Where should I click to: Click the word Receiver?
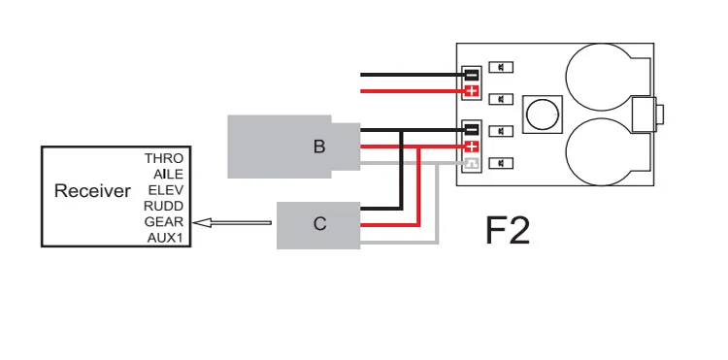[92, 190]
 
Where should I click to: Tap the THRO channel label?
[164, 158]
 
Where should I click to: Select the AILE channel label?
[168, 175]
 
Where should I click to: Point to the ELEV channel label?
[166, 190]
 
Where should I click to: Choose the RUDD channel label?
[163, 206]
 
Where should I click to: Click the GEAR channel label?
[164, 222]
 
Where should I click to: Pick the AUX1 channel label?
[165, 238]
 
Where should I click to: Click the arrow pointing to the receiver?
[232, 223]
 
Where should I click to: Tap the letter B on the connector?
[319, 147]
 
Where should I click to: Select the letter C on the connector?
[320, 223]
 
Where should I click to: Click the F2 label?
[508, 230]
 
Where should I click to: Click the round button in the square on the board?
[543, 115]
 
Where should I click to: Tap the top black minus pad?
[472, 74]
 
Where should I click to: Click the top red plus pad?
[472, 91]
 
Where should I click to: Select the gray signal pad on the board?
[472, 163]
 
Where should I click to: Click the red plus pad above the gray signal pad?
[472, 147]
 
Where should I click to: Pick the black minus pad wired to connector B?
[472, 129]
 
